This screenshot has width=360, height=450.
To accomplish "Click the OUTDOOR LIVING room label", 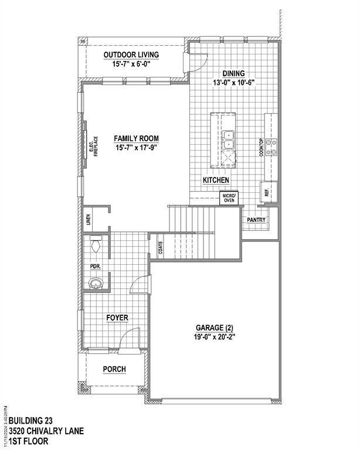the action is (x=131, y=54).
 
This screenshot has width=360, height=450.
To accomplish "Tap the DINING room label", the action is (x=234, y=73).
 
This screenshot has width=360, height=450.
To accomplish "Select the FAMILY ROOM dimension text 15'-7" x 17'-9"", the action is (x=137, y=148).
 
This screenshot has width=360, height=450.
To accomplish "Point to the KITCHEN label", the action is (x=216, y=180).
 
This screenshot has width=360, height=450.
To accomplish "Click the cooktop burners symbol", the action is (x=271, y=146).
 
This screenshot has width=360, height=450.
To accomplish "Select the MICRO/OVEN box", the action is (x=229, y=197).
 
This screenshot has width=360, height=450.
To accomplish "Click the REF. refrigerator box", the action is (x=269, y=192).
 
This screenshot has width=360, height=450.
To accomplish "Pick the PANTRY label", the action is (x=256, y=220).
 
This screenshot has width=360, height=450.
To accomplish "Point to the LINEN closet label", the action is (x=89, y=220).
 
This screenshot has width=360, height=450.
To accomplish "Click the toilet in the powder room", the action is (x=96, y=244).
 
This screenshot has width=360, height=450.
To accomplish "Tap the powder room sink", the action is (x=96, y=283).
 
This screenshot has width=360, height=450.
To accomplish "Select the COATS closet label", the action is (x=161, y=247).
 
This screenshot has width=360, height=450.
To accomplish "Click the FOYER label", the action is (x=117, y=318).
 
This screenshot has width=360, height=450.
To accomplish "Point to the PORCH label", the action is (x=114, y=369).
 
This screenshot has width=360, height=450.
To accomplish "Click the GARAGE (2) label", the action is (x=215, y=328).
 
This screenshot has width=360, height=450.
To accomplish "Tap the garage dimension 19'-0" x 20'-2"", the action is (x=215, y=337).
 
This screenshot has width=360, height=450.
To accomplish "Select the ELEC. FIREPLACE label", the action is (x=94, y=146).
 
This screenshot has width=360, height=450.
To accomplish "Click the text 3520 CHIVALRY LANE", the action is (x=46, y=431).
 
